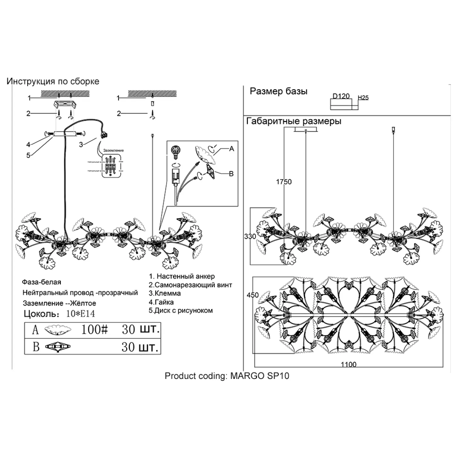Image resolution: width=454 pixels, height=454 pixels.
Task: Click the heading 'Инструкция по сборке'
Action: pos(53,81)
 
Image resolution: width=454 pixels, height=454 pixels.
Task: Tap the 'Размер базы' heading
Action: pos(278,91)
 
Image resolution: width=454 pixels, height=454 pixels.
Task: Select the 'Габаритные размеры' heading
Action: pos(294,121)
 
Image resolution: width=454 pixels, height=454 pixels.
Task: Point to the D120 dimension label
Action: pos(341,96)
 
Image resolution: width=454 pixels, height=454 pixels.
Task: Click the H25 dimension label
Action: pos(363,98)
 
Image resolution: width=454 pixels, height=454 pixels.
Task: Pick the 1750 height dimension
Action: pos(284,182)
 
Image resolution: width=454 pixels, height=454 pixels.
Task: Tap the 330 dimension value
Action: pos(250,236)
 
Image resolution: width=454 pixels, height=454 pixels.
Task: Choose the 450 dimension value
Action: pos(253,295)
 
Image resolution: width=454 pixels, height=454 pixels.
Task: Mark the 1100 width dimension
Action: pos(349,365)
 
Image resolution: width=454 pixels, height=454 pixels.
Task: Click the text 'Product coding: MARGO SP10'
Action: pos(227,376)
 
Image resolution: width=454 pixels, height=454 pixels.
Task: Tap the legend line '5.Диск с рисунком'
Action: pos(181,311)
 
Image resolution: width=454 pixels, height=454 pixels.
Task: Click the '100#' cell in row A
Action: pos(94,330)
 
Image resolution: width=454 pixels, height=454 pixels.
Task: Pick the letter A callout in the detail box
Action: pos(232,149)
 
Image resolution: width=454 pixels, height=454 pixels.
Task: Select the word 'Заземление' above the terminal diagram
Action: pos(113,150)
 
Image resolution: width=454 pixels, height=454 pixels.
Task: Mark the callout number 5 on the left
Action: pos(28,155)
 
